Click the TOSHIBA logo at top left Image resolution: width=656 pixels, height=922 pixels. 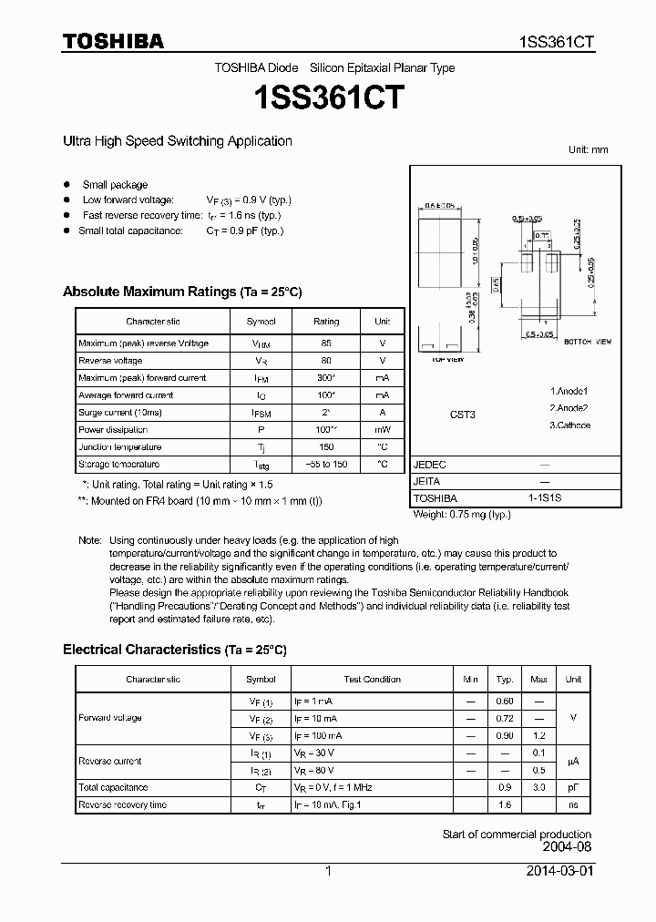point(113,41)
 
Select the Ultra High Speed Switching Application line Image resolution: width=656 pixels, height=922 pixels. point(177,141)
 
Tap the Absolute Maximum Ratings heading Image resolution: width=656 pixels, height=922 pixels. point(181,292)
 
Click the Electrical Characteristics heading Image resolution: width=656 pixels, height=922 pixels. point(174,650)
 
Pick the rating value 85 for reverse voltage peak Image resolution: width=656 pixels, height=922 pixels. point(326,343)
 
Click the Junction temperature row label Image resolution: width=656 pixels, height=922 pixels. point(120,447)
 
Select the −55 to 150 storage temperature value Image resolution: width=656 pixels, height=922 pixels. point(326,465)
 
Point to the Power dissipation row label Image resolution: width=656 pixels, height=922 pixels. point(113,430)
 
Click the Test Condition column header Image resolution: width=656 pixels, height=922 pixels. point(372,680)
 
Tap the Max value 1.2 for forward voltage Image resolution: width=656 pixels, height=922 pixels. point(538,735)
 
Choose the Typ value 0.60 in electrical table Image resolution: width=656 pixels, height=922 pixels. point(504,701)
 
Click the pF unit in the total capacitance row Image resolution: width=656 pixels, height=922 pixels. point(573,787)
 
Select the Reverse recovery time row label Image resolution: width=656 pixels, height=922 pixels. point(123,804)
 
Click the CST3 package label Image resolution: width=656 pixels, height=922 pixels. point(463,414)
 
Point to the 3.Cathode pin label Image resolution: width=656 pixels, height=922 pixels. point(569,425)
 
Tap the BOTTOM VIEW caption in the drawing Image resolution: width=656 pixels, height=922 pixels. point(589,342)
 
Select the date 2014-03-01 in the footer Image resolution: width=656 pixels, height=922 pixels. point(559,871)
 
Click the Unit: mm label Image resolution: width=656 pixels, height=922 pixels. point(588,149)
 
